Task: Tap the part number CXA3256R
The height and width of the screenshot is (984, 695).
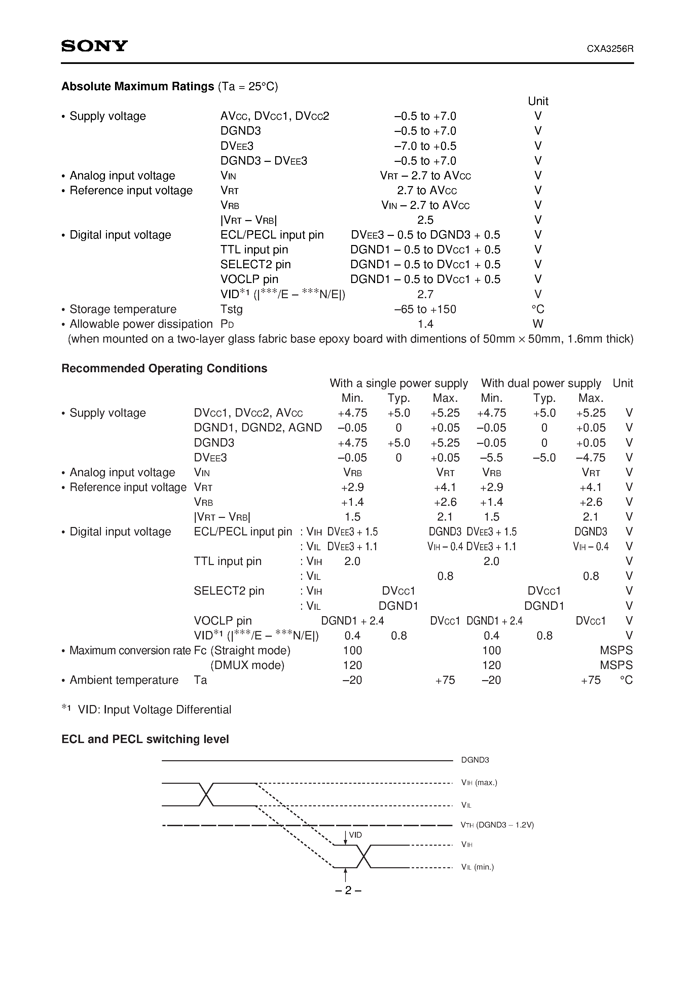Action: [610, 49]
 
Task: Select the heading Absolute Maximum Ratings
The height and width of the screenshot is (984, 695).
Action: [138, 86]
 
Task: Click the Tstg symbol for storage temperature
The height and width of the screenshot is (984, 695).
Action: [231, 309]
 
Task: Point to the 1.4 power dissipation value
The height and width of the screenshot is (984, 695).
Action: [426, 324]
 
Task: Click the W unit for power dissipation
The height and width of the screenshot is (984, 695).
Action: [538, 324]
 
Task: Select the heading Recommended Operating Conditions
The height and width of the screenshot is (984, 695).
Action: [164, 368]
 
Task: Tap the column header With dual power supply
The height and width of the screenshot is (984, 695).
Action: [541, 383]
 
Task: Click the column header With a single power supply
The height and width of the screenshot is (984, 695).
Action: [399, 383]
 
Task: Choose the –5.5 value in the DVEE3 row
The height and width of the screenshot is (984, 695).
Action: [491, 458]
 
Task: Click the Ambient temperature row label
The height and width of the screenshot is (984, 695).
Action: [124, 680]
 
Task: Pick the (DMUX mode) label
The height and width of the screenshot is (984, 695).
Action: [247, 665]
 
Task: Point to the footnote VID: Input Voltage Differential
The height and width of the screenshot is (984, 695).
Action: [154, 710]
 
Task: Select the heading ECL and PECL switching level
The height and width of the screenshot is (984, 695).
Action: [145, 739]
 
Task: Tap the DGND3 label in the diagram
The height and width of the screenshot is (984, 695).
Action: [475, 760]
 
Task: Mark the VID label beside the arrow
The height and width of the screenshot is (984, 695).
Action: [355, 835]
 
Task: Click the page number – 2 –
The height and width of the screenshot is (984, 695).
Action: [348, 890]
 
